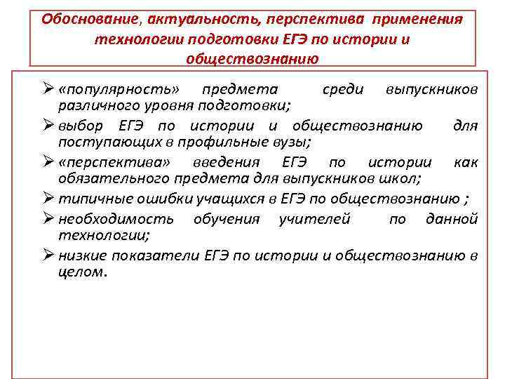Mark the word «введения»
click(227, 162)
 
